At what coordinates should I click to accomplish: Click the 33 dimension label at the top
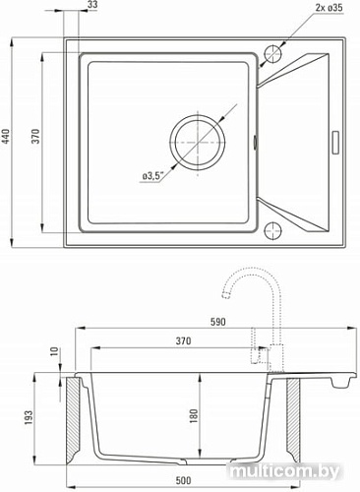click(x=91, y=6)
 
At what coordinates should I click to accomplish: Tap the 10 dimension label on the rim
click(x=53, y=350)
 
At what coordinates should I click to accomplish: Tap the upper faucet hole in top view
click(x=272, y=54)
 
